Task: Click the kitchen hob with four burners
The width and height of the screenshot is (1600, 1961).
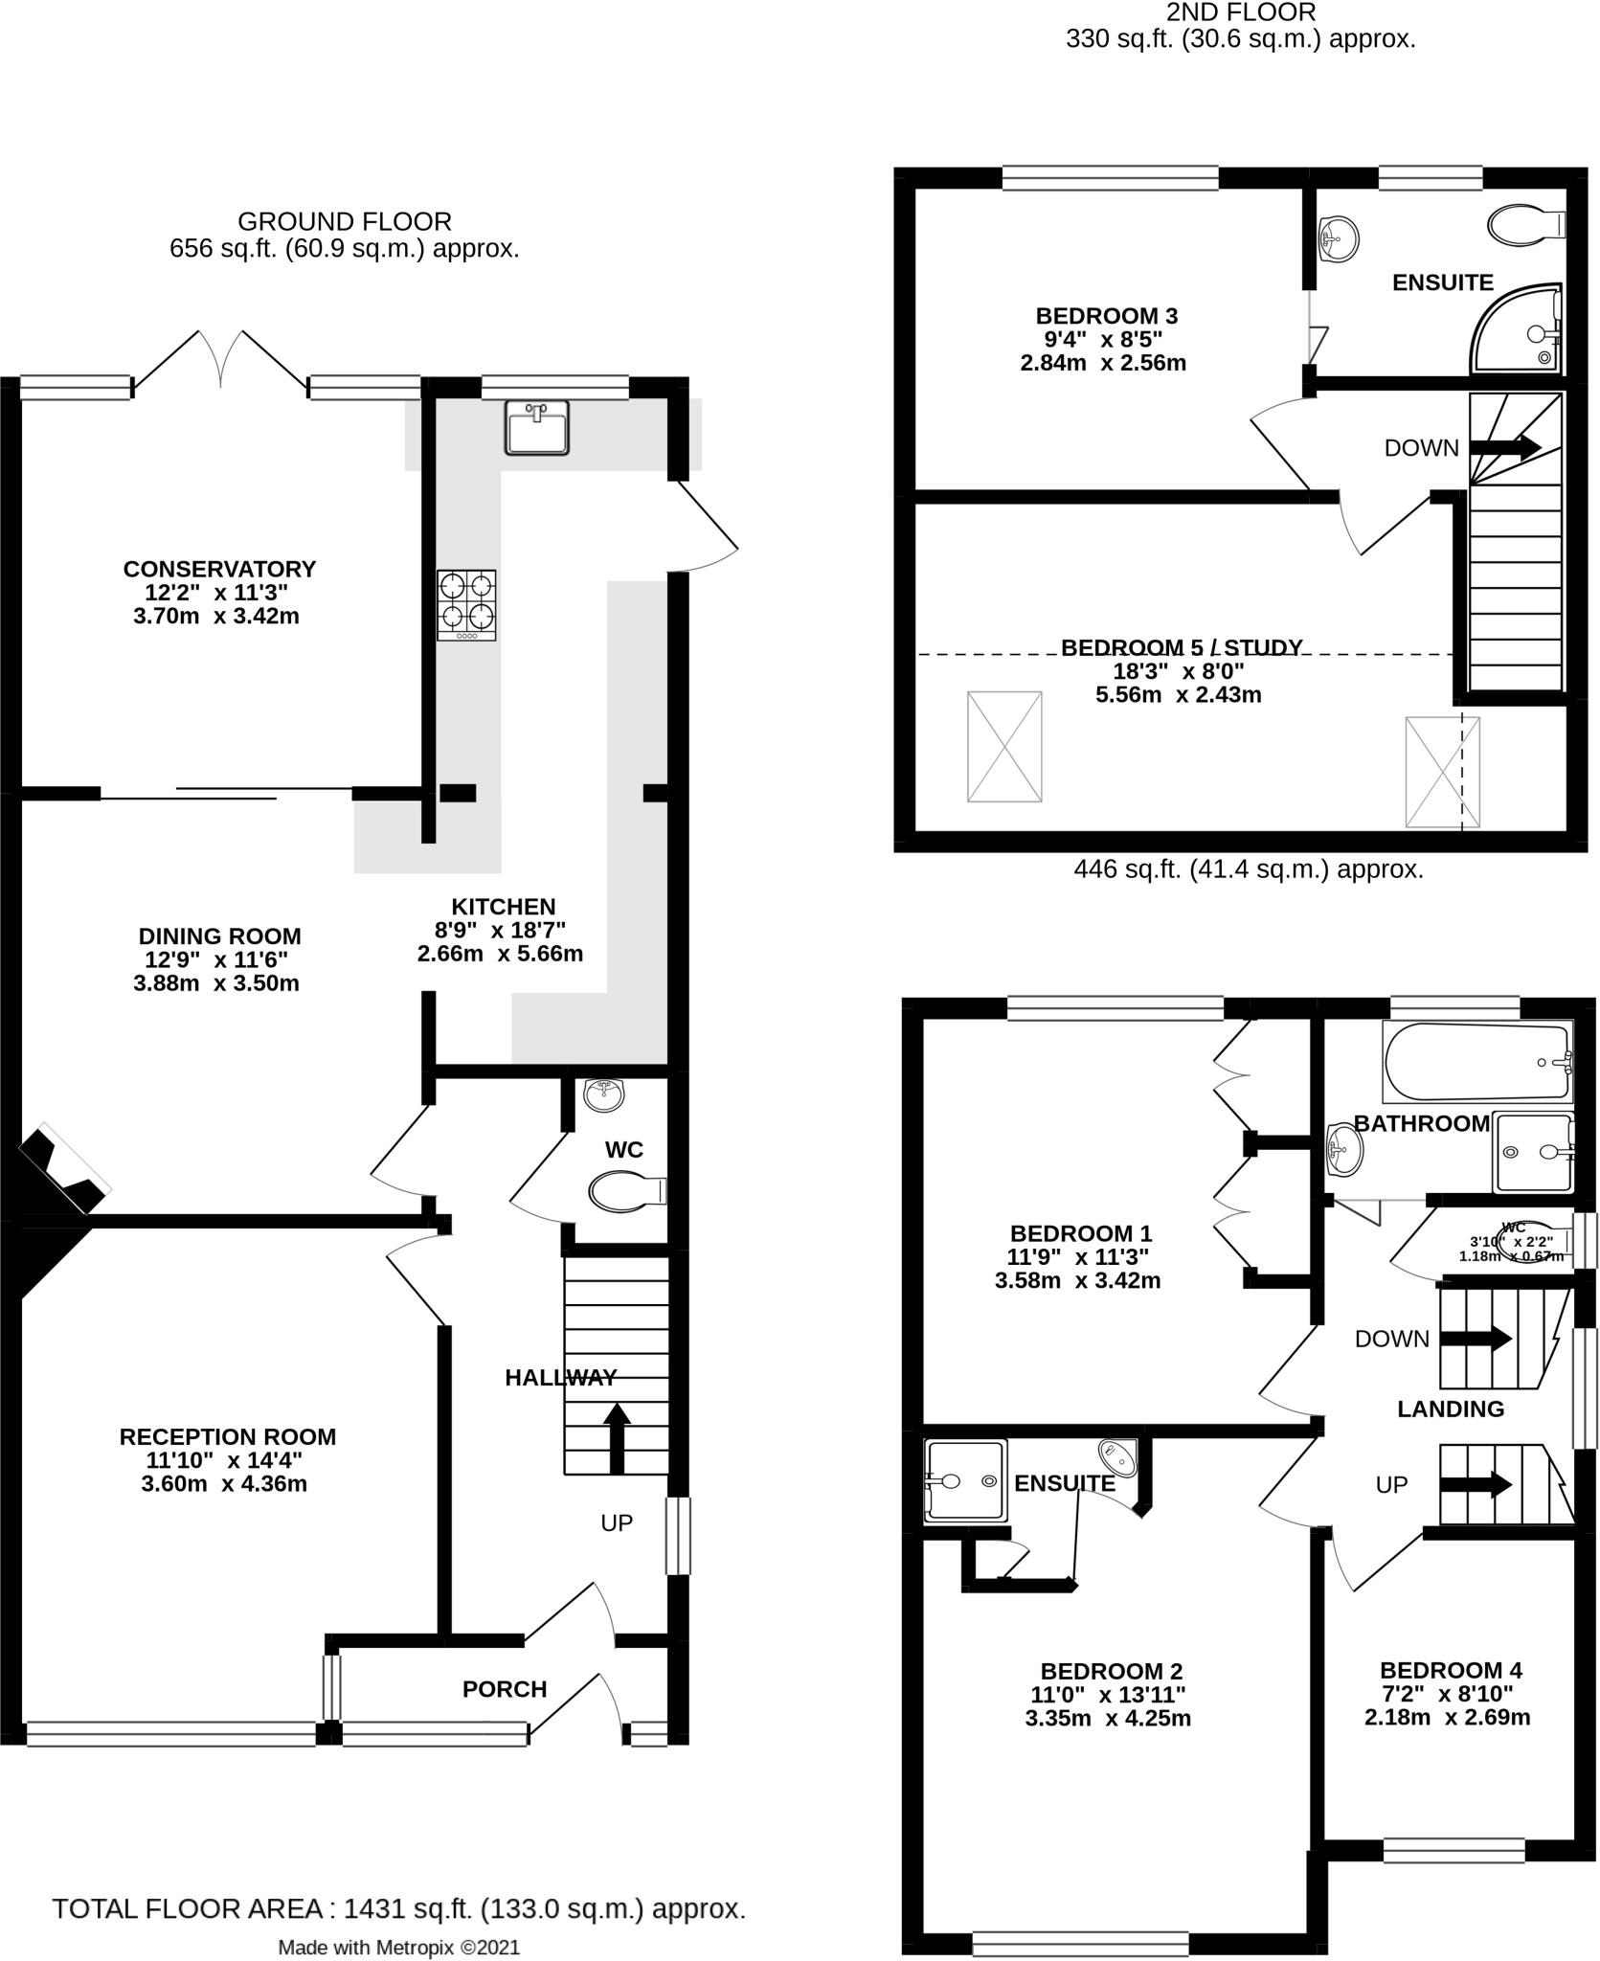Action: (x=466, y=605)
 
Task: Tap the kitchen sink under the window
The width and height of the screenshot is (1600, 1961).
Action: (x=536, y=427)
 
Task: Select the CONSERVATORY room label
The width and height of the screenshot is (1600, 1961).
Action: (x=219, y=569)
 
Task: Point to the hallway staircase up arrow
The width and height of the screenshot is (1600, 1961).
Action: (x=617, y=1437)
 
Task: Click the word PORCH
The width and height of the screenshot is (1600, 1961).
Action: (x=505, y=1689)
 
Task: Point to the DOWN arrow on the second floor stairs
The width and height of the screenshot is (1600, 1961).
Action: (x=1504, y=447)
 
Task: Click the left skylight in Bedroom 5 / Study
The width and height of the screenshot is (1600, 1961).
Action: (x=1004, y=747)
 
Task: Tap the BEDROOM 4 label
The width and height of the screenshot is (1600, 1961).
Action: (x=1451, y=1671)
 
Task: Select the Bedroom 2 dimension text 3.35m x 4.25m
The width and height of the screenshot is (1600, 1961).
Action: (x=1108, y=1718)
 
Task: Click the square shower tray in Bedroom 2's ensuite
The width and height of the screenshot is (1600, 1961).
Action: (x=966, y=1481)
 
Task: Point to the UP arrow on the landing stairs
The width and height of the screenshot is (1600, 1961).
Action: (x=1476, y=1485)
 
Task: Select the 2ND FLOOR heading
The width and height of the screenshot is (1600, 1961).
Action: (x=1240, y=12)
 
